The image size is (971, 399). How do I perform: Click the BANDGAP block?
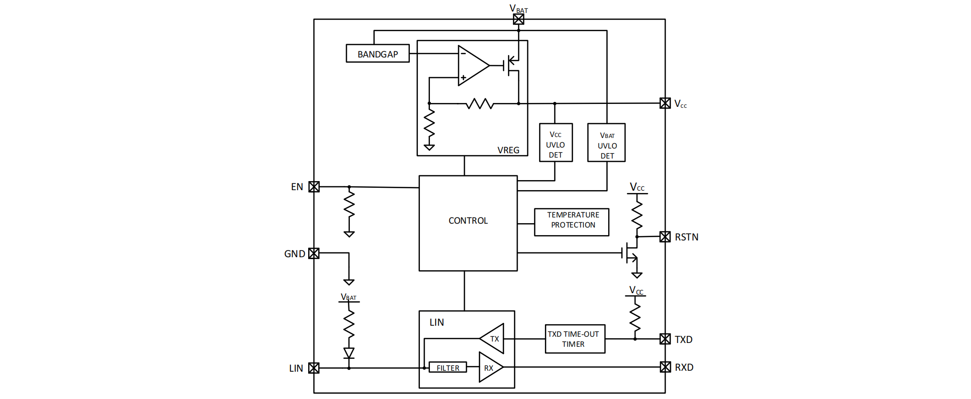[378, 54]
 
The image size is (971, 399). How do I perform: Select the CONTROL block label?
[468, 221]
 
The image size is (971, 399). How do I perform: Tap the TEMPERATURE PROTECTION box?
[572, 222]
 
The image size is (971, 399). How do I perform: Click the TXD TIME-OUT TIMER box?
[575, 339]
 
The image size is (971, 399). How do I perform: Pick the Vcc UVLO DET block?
[555, 143]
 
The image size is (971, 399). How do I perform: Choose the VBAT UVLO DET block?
[606, 143]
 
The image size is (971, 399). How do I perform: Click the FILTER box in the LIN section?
[448, 368]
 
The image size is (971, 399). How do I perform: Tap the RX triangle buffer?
[490, 368]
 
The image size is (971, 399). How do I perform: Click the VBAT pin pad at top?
[519, 19]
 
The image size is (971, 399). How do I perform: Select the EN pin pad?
[314, 187]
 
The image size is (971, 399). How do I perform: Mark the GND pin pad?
[314, 253]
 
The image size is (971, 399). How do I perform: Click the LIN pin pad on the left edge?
[314, 368]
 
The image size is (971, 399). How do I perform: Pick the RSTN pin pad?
[665, 237]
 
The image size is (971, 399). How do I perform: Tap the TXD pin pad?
[665, 339]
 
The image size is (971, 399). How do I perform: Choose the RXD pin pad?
[665, 367]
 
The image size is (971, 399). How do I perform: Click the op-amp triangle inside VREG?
[472, 66]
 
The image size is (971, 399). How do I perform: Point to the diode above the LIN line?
[349, 353]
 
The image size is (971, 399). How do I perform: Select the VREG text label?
[508, 150]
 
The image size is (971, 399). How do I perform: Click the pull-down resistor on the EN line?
[349, 206]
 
